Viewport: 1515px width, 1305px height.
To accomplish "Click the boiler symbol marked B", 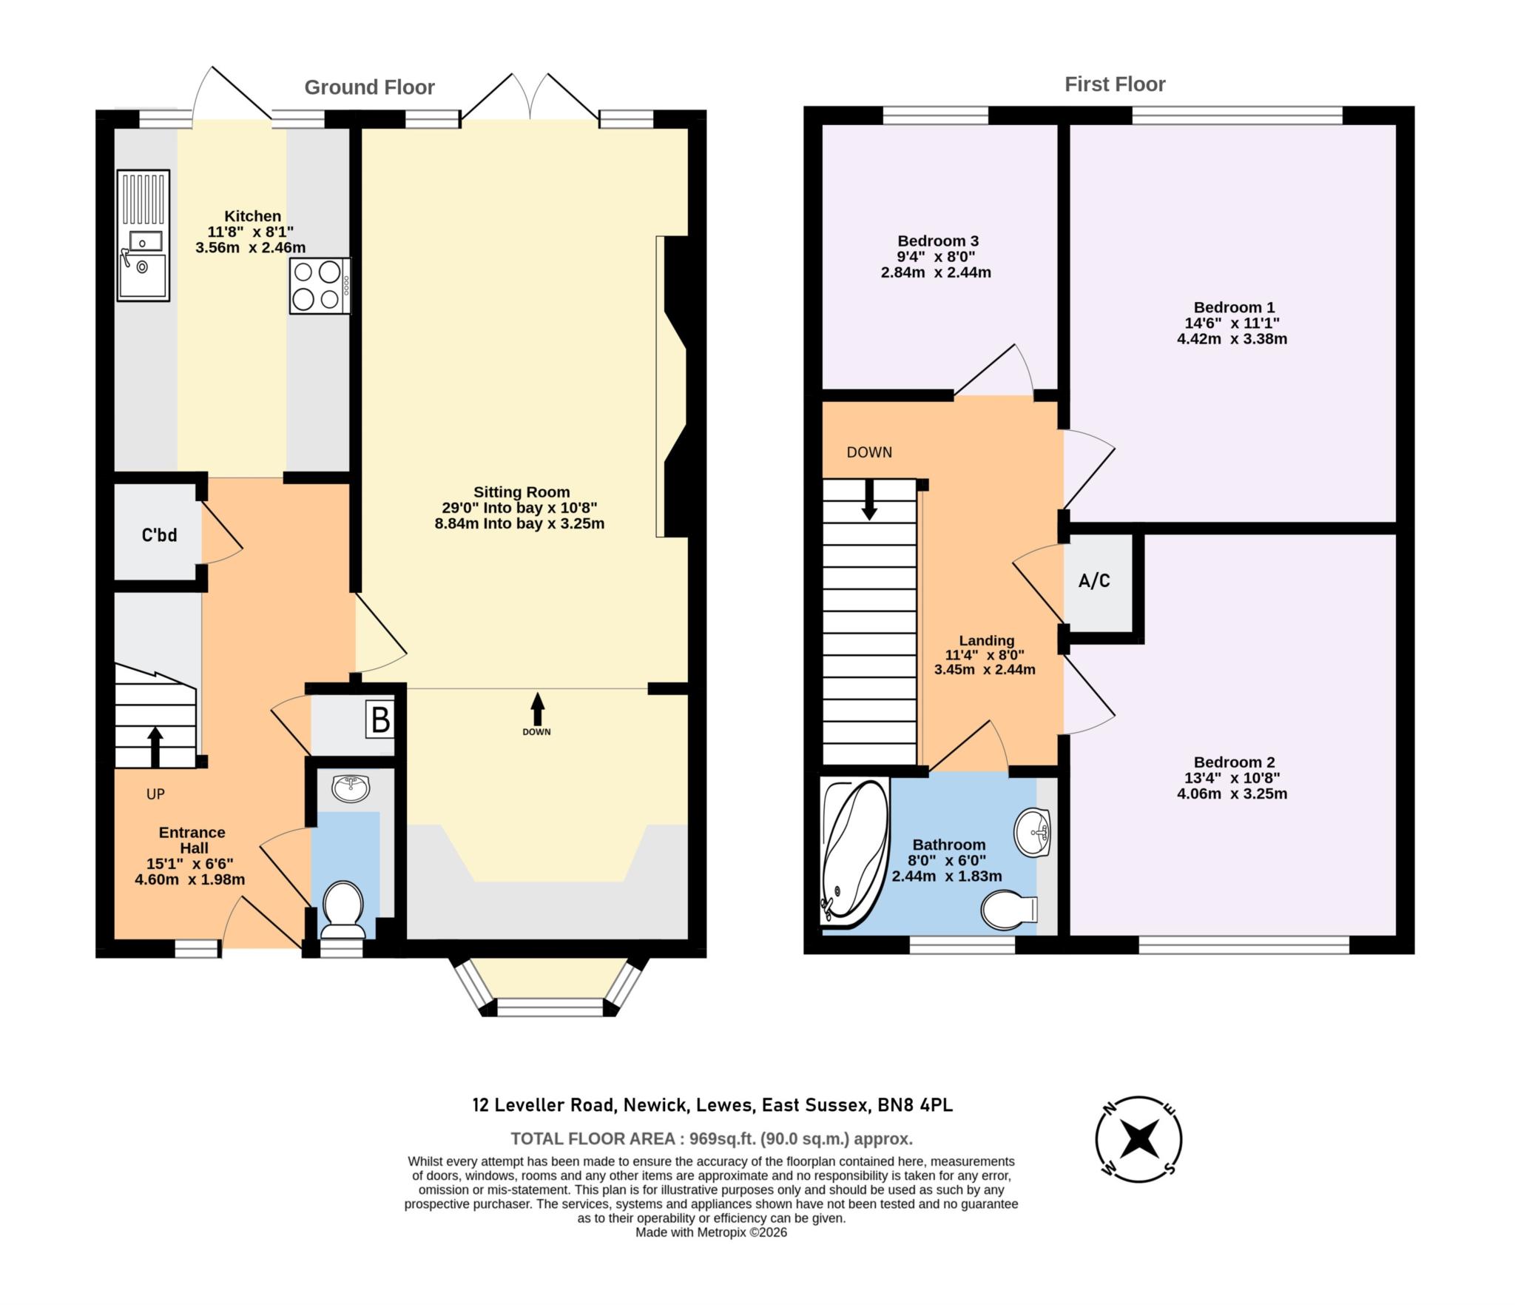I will point(379,720).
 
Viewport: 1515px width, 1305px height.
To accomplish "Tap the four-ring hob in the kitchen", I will point(319,286).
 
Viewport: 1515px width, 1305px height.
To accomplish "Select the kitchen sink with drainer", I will point(143,235).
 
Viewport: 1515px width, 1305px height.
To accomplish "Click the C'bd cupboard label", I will point(159,534).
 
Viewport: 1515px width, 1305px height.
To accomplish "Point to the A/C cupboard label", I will point(1094,581).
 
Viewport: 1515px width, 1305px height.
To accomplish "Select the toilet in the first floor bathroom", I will point(1008,910).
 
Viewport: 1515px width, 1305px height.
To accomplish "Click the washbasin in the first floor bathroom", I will point(1033,833).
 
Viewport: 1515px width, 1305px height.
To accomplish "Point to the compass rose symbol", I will point(1138,1138).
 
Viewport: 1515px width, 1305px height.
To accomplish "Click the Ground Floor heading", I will point(369,87).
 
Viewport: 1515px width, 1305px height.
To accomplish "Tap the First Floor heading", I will point(1114,84).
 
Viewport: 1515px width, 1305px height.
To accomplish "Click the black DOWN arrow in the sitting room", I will point(537,709).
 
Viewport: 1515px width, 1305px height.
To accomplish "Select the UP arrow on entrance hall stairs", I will point(155,746).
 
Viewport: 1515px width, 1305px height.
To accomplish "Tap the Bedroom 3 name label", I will point(937,241).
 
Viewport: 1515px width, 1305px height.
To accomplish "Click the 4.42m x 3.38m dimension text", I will point(1232,339).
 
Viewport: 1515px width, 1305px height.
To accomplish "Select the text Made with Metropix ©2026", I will point(711,1232).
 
